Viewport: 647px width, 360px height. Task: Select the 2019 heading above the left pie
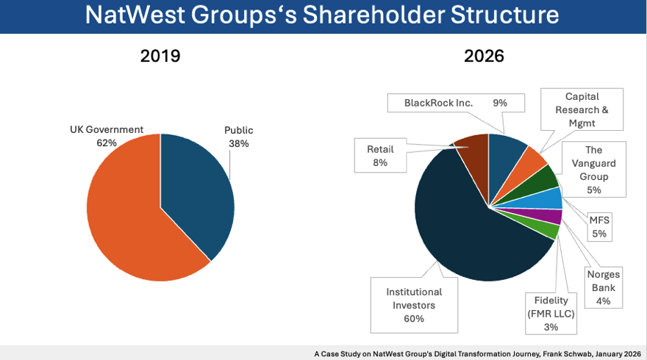[x=160, y=57]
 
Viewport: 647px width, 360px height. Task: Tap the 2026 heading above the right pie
[x=484, y=57]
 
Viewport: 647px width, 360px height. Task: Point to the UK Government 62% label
[x=106, y=137]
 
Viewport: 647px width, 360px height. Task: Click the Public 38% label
[x=238, y=137]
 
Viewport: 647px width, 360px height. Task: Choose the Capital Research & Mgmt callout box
[x=582, y=110]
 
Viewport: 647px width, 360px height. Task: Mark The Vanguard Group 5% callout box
[x=593, y=170]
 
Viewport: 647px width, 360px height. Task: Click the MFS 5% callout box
[x=599, y=226]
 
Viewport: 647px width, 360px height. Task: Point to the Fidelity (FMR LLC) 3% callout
[x=551, y=314]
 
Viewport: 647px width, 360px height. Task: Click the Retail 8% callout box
[x=380, y=156]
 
